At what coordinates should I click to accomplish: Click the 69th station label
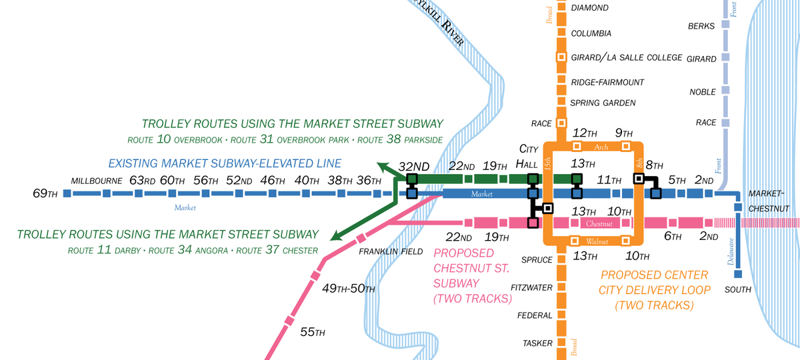(x=45, y=194)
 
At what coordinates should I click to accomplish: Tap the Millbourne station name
(x=97, y=181)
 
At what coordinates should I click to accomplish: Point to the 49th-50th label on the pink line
(x=349, y=289)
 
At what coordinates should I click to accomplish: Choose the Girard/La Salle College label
(x=627, y=57)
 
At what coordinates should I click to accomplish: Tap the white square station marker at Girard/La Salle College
(x=561, y=57)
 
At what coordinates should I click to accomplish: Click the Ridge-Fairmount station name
(x=607, y=82)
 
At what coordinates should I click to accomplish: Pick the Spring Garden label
(x=603, y=103)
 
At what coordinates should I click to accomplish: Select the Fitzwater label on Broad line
(x=532, y=288)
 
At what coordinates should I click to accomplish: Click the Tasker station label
(x=537, y=343)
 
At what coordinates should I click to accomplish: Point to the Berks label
(x=701, y=27)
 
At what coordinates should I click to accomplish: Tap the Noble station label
(x=702, y=92)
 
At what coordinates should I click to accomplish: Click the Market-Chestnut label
(x=769, y=201)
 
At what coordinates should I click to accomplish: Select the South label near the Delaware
(x=738, y=289)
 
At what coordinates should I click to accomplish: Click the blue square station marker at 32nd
(x=411, y=193)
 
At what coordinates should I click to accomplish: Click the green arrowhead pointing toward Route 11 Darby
(x=335, y=236)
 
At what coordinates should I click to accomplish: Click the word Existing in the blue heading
(x=133, y=163)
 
